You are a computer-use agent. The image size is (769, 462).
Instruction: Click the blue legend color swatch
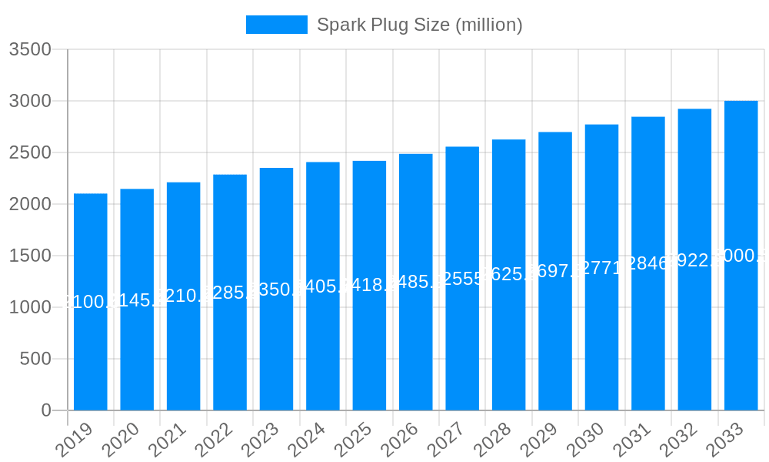(277, 25)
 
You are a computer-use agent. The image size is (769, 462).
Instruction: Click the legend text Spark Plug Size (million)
(420, 25)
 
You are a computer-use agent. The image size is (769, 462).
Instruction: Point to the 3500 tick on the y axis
(30, 50)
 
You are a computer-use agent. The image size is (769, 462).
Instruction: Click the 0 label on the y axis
(46, 410)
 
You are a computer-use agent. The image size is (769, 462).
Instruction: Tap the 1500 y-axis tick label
(30, 256)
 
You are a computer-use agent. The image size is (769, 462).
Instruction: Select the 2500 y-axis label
(30, 152)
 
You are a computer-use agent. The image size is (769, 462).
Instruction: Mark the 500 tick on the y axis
(35, 359)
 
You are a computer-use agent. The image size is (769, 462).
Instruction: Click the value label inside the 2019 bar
(91, 302)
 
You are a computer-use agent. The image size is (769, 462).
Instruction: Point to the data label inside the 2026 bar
(416, 282)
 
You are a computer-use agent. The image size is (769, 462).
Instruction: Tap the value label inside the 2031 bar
(648, 263)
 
